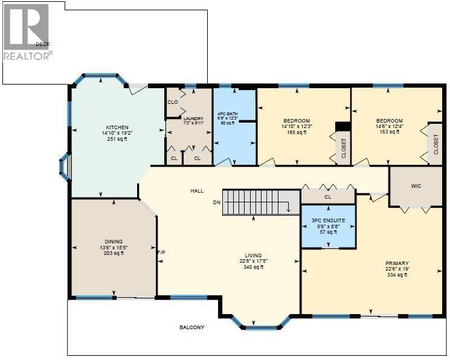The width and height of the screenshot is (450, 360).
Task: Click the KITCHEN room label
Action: pos(115,127)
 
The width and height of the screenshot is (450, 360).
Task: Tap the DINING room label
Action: pos(113,242)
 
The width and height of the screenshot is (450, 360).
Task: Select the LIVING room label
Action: pos(252,255)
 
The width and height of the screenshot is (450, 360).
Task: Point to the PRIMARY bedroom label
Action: pos(397,263)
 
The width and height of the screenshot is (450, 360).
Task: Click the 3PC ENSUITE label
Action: pos(328,220)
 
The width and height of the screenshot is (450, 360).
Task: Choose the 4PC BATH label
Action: pos(228,112)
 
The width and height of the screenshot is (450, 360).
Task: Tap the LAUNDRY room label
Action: pos(193,118)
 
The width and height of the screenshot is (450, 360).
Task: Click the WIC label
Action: pos(415,187)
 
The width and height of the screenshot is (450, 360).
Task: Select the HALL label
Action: pos(197,191)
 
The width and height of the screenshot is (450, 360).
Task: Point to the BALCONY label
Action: pos(191,327)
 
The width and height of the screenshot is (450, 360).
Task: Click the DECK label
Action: pos(42,44)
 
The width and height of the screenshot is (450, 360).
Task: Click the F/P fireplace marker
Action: pos(161,252)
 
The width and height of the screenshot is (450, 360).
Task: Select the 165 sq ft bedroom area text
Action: pos(296,132)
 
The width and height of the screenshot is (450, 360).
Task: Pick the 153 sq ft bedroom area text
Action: pos(390,132)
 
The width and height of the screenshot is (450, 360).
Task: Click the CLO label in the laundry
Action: pos(173,102)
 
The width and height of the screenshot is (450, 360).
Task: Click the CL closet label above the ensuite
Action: pos(328,197)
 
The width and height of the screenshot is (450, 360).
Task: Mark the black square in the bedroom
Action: pos(342,126)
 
